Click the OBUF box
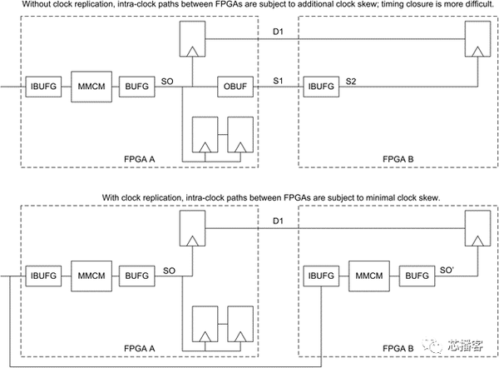click(235, 87)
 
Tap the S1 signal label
click(278, 81)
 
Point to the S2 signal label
click(351, 82)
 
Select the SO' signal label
click(447, 271)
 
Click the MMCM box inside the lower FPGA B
click(369, 276)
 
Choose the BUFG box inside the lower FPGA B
click(417, 276)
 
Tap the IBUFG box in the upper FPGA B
click(321, 87)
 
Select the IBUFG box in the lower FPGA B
click(321, 276)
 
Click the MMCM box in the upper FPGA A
click(91, 87)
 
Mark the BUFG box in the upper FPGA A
click(137, 87)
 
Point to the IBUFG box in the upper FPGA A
click(43, 87)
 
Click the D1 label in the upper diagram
click(278, 32)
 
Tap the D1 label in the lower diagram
click(278, 221)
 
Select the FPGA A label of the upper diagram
click(140, 159)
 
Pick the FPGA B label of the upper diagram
click(398, 159)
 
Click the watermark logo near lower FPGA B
click(452, 345)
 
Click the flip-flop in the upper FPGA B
click(477, 39)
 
